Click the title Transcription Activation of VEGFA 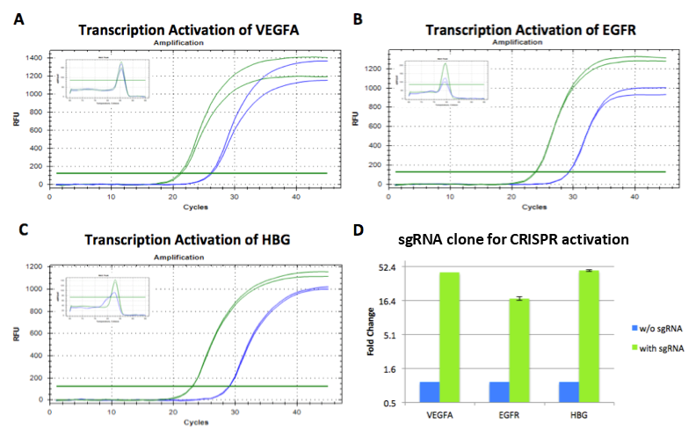[188, 30]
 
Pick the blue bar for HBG [568, 392]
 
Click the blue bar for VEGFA [430, 392]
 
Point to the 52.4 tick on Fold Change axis [388, 266]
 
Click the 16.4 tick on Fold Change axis [388, 300]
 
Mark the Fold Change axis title [372, 334]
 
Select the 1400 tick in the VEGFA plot [36, 57]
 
